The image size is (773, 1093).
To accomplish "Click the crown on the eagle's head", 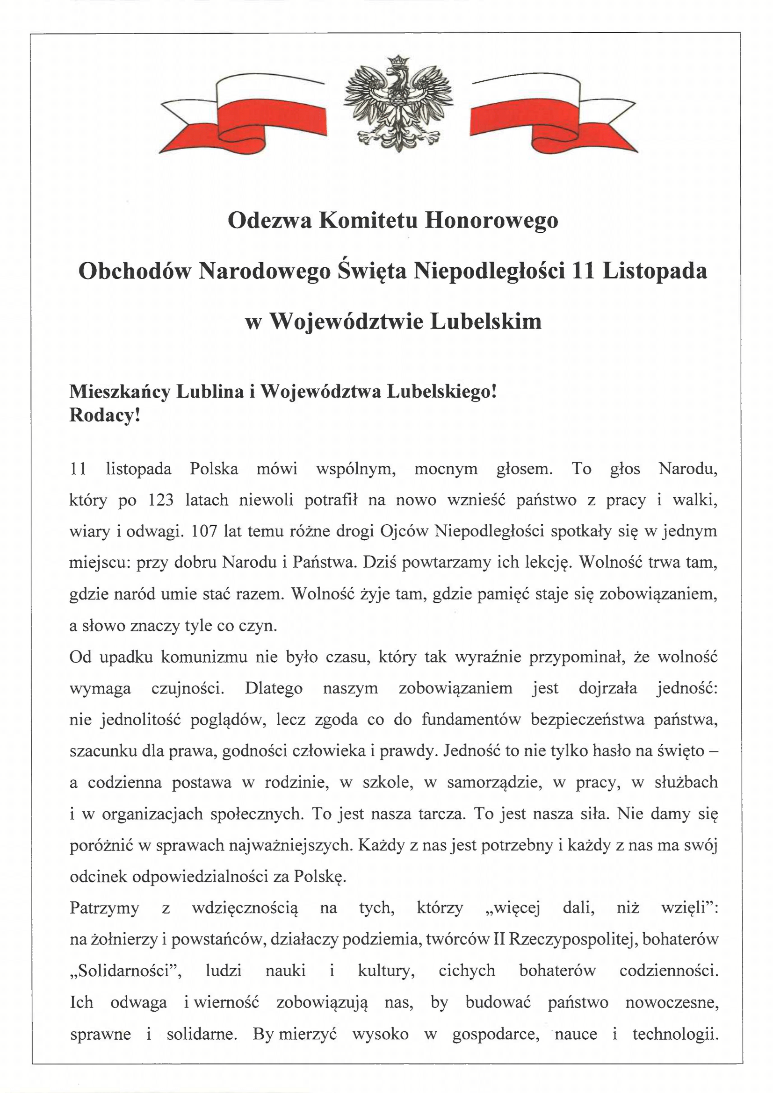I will tap(398, 61).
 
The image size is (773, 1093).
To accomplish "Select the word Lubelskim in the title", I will tap(486, 321).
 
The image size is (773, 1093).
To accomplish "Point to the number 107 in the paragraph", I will tap(204, 531).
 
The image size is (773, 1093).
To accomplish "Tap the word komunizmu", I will tap(203, 657).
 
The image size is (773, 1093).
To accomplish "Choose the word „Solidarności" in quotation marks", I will tap(126, 970).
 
